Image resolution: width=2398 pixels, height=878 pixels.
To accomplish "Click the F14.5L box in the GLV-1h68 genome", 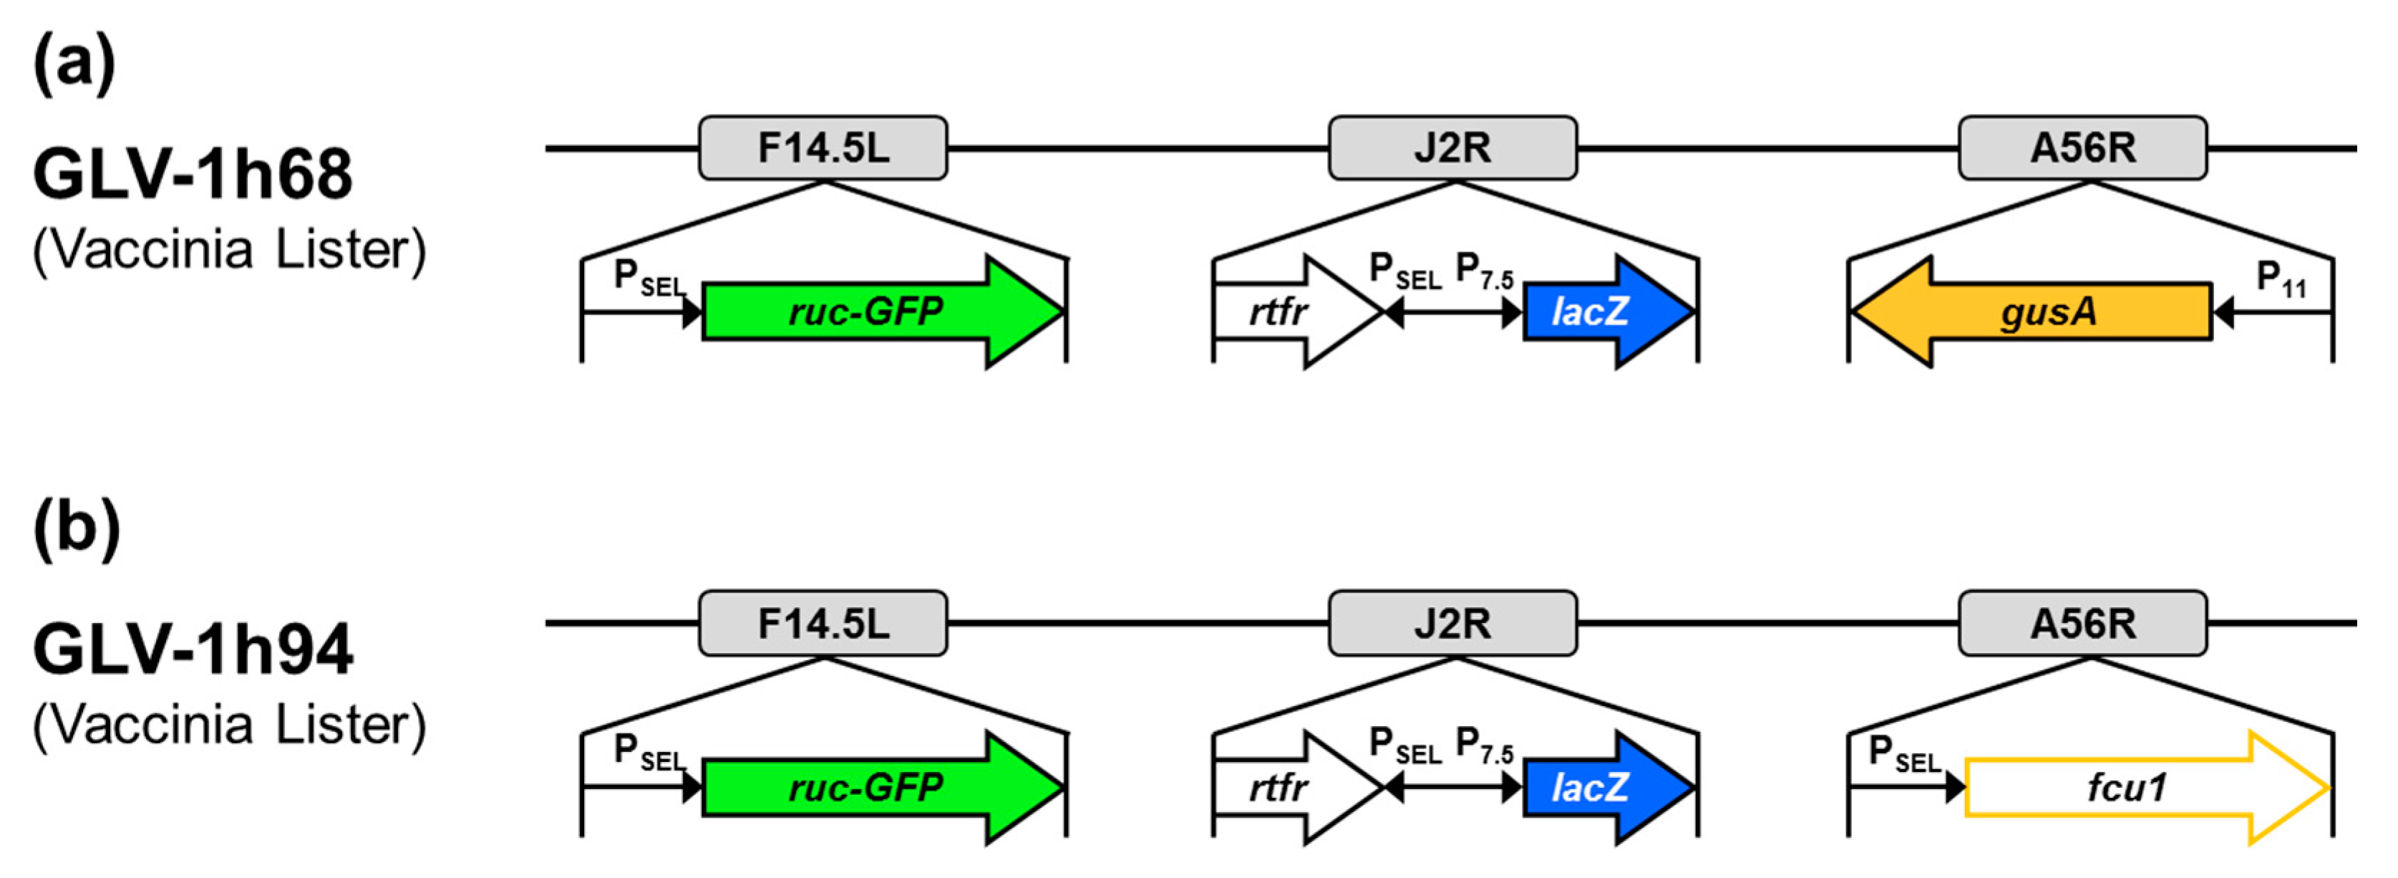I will pos(823,148).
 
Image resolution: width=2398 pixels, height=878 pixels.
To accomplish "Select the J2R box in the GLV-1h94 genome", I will pos(1452,623).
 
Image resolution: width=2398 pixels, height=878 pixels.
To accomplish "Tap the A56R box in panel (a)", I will pos(2082,148).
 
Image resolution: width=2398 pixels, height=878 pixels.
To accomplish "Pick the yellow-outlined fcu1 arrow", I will pos(2132,788).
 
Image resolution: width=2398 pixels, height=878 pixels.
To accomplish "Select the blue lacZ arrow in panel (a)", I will pos(1596,312).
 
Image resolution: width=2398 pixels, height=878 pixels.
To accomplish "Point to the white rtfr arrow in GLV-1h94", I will pos(1285,788).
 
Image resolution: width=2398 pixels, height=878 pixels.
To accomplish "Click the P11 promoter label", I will pos(2281,279).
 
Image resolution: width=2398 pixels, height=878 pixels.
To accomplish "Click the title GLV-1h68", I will pos(193,174).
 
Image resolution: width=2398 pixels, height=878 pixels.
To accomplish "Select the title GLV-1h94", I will pos(193,649).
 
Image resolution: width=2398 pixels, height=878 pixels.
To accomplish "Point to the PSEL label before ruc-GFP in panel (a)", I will pos(648,277).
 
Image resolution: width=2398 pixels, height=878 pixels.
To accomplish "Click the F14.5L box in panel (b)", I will pos(823,623).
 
